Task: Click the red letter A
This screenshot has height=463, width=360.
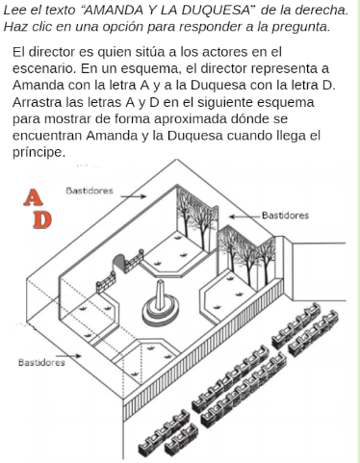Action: (34, 198)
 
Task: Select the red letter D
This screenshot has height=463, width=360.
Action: (40, 220)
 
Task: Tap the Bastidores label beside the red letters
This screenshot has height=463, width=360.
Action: (89, 191)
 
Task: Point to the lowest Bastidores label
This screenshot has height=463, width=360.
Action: (41, 363)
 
